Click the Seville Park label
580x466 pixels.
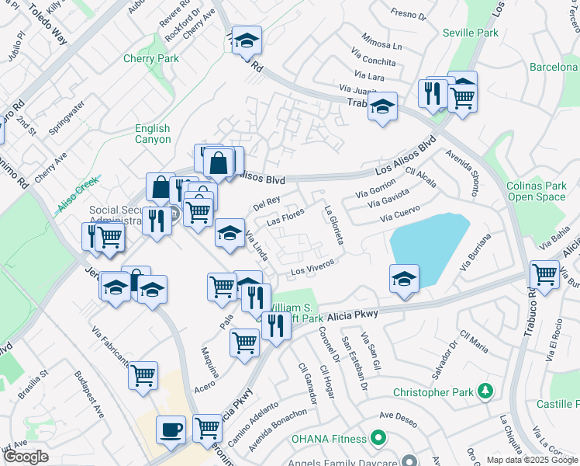click(470, 33)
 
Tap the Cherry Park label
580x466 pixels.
click(151, 58)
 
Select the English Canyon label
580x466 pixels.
click(152, 134)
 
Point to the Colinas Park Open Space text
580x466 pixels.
click(537, 191)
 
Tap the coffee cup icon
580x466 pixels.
click(171, 429)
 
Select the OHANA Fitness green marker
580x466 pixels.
click(378, 439)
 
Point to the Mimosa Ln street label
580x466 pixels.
click(382, 41)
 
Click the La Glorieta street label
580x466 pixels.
click(333, 224)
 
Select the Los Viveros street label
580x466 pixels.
click(312, 266)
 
